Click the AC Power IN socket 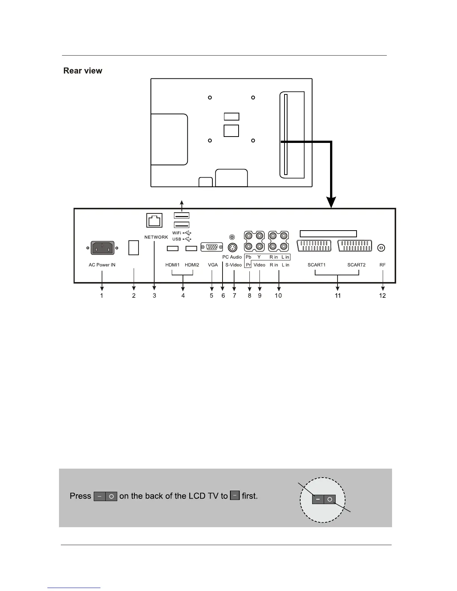tap(102, 247)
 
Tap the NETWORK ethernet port tap(154, 220)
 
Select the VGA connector tap(212, 247)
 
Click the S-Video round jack tap(232, 248)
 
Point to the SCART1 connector tap(314, 246)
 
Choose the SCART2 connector tap(355, 246)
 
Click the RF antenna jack tap(382, 248)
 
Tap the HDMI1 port tap(172, 248)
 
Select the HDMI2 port tap(191, 248)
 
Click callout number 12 tap(382, 295)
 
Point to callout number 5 tap(212, 295)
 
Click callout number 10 tap(278, 295)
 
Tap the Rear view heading tap(83, 71)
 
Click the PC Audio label tap(232, 257)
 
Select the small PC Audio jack tap(232, 237)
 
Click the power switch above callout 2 tap(134, 247)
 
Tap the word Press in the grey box tap(80, 496)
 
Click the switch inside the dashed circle tap(324, 499)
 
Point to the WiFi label tap(177, 233)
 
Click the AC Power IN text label tap(102, 265)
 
